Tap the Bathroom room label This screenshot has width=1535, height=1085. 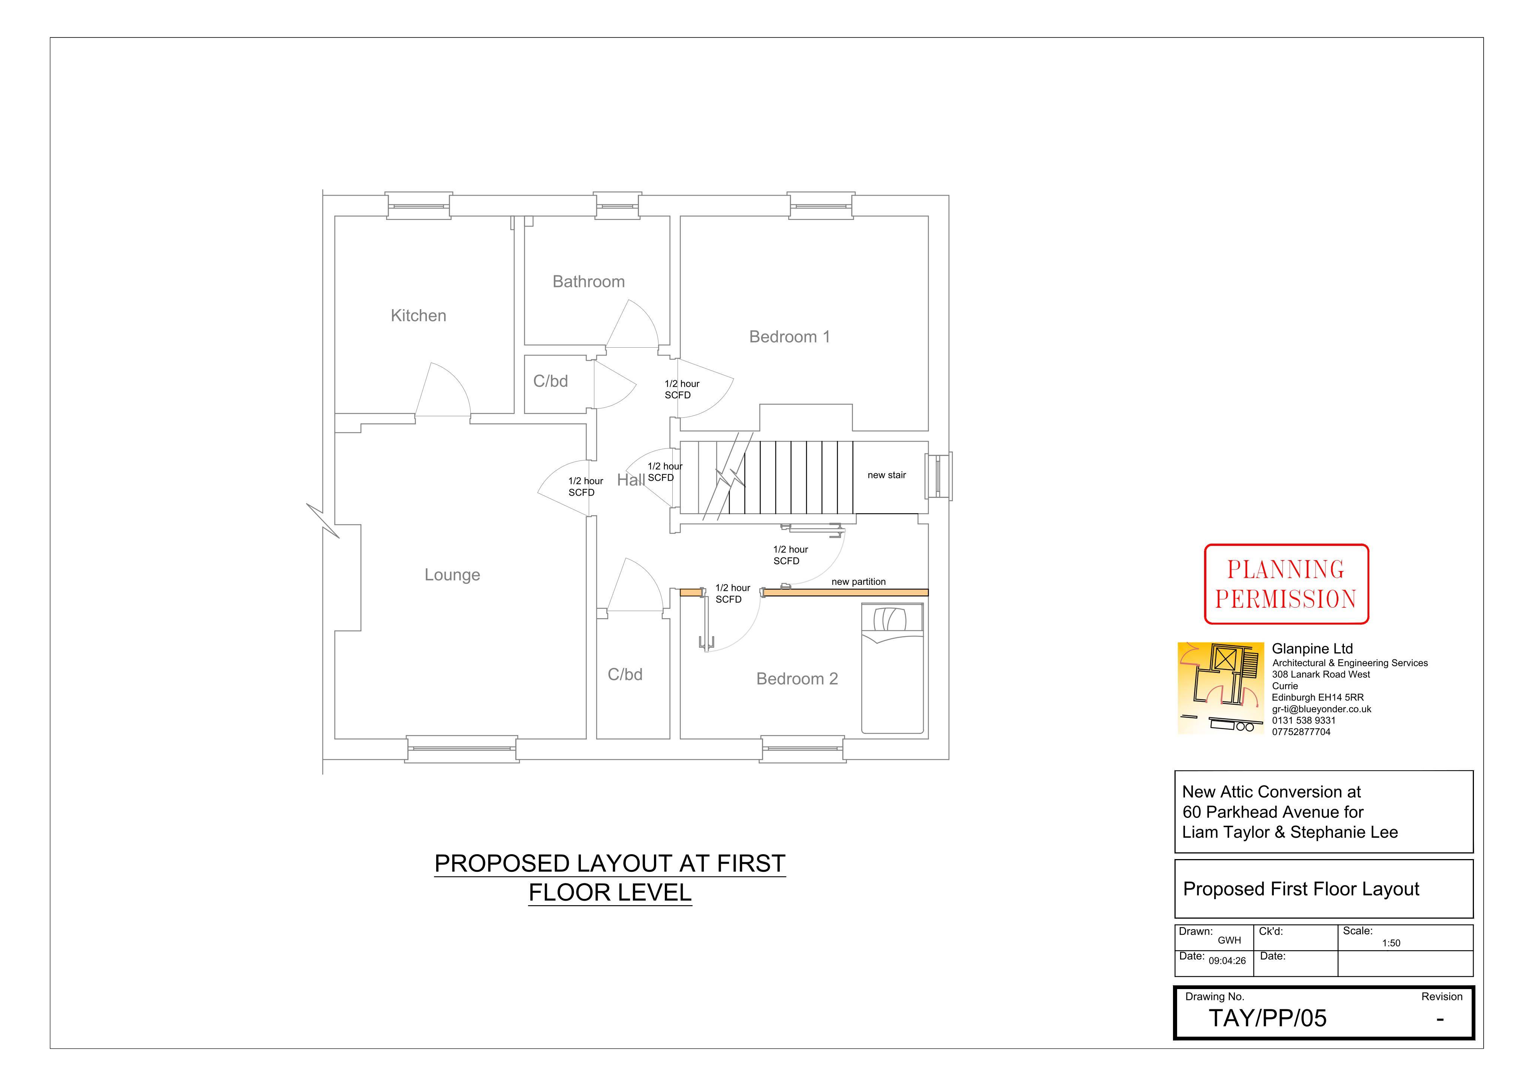pos(588,281)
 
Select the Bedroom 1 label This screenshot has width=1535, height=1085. pos(790,337)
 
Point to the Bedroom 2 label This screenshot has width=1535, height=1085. pos(797,679)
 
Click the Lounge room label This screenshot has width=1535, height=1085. pos(452,575)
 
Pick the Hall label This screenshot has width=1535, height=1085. pos(630,480)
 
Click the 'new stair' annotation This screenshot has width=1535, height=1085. pos(887,475)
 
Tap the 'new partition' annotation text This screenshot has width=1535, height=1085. pos(859,581)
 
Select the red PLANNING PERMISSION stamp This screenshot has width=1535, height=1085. pos(1286,584)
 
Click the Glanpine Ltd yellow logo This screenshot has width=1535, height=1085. pos(1221,689)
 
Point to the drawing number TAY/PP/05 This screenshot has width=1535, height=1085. pos(1267,1018)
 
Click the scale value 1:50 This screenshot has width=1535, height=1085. pos(1391,943)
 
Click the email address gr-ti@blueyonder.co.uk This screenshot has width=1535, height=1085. pos(1322,709)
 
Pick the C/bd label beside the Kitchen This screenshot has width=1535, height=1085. pos(550,381)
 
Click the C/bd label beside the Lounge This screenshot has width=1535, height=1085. pos(625,674)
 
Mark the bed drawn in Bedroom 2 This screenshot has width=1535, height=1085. pos(893,668)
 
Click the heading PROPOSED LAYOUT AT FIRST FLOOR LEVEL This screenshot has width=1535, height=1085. pos(610,878)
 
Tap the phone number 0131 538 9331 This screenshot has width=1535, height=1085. pos(1304,721)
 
